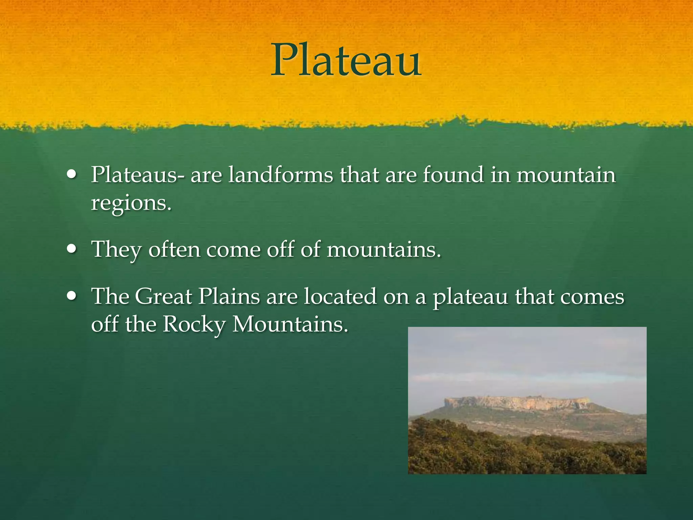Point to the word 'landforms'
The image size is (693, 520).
[281, 175]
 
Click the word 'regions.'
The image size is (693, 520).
[131, 203]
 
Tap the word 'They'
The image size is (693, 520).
[117, 250]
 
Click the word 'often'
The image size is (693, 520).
[174, 250]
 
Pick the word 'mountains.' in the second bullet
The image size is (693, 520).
[384, 250]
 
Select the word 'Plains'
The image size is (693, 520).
[229, 297]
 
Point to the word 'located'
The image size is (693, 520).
[340, 297]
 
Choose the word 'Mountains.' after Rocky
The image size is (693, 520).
[290, 324]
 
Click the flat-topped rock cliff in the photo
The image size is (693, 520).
[518, 403]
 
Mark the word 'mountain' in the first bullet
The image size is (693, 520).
[566, 175]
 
